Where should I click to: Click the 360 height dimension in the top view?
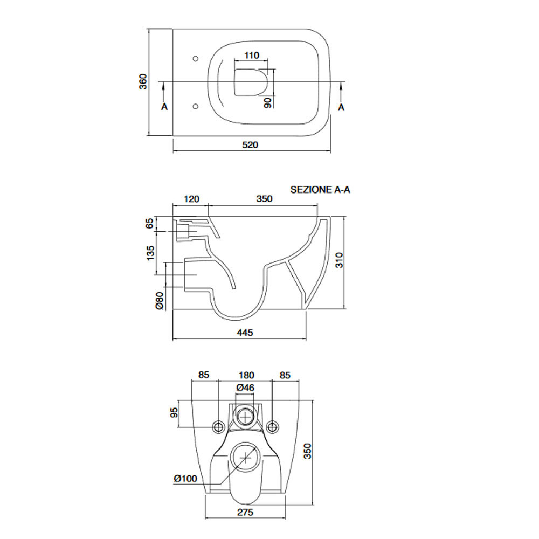click(143, 82)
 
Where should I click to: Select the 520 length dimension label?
click(250, 144)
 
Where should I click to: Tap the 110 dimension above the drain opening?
click(252, 56)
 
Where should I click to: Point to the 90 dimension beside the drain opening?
click(268, 102)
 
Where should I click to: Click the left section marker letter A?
click(164, 107)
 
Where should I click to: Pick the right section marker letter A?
click(341, 108)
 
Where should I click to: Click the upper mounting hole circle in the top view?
click(196, 59)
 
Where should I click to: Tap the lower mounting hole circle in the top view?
click(196, 107)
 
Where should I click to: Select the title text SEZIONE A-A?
click(320, 190)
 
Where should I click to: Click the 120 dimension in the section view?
click(191, 199)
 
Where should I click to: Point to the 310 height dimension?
click(339, 260)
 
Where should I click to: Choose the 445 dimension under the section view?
click(245, 333)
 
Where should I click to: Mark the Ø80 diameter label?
click(160, 300)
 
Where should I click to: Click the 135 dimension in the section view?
click(150, 253)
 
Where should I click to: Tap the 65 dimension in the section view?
click(149, 224)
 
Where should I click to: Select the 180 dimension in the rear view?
click(246, 375)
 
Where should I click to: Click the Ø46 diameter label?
click(245, 388)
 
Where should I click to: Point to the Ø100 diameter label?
click(185, 478)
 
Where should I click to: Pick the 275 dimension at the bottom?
click(245, 512)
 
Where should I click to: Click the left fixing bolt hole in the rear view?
click(218, 427)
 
